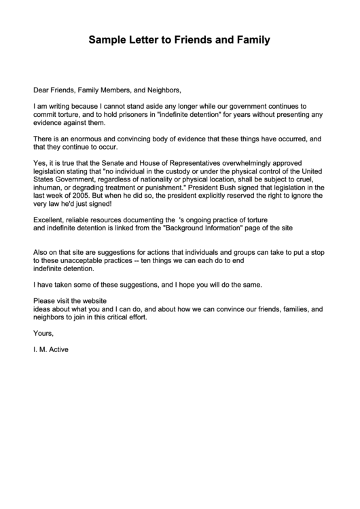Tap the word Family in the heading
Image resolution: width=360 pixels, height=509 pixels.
point(251,40)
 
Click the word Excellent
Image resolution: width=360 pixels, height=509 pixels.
point(49,220)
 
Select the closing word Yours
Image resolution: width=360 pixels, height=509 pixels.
point(43,333)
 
